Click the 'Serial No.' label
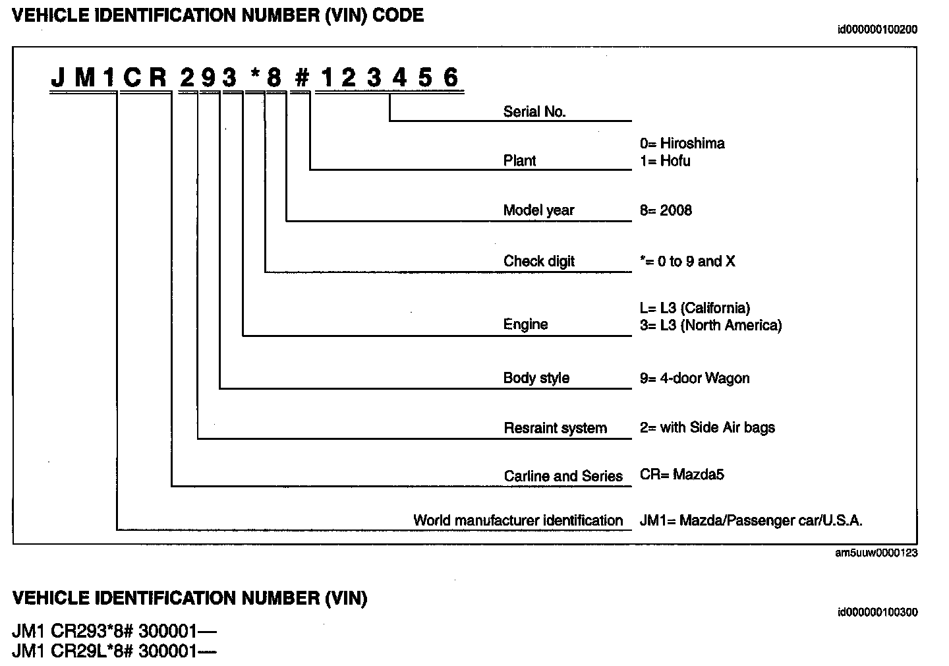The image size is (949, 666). click(x=534, y=112)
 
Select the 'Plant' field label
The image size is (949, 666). click(x=519, y=161)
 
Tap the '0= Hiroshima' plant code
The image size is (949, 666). click(x=682, y=144)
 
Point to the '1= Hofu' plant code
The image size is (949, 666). click(x=665, y=161)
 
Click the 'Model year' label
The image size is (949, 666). click(x=538, y=210)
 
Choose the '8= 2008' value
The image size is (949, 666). click(x=666, y=210)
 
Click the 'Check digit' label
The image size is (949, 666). click(x=538, y=261)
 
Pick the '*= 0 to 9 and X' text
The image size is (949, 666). click(x=687, y=261)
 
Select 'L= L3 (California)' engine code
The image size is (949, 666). click(x=695, y=308)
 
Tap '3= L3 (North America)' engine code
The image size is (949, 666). click(x=710, y=325)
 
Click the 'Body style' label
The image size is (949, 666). click(x=536, y=378)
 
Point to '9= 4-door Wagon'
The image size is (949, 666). click(x=694, y=378)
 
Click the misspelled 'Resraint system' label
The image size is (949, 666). click(x=555, y=428)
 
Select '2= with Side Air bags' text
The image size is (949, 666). click(x=707, y=427)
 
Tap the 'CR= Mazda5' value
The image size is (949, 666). click(x=681, y=475)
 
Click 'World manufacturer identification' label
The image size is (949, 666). click(x=517, y=520)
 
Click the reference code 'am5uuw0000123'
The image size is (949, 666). click(x=876, y=553)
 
